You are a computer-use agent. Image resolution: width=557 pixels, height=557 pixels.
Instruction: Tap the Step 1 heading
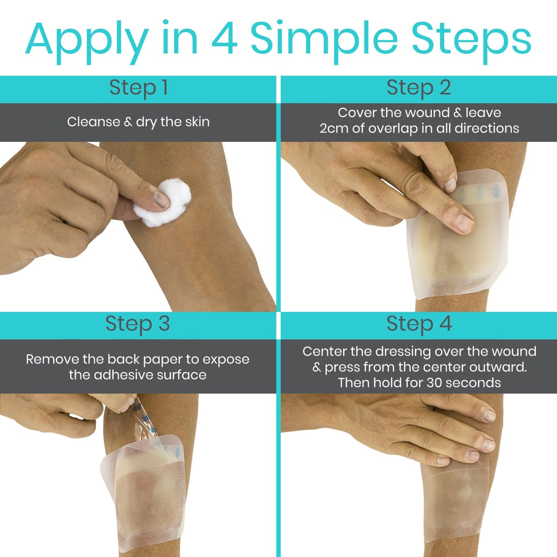click(x=138, y=88)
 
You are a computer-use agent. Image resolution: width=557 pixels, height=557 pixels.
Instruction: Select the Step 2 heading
click(x=419, y=88)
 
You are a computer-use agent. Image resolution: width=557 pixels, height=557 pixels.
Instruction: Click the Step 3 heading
click(x=138, y=324)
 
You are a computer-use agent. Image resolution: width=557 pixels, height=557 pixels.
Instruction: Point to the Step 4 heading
click(x=419, y=324)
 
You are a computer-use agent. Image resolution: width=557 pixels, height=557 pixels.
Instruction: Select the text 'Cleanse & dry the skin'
click(x=138, y=122)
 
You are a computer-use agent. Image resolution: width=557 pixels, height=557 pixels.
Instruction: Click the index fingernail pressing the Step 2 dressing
click(x=463, y=222)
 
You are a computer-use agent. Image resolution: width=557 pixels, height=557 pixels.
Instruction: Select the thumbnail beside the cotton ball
click(x=162, y=199)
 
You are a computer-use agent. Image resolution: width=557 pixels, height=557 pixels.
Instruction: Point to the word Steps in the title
click(x=471, y=39)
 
